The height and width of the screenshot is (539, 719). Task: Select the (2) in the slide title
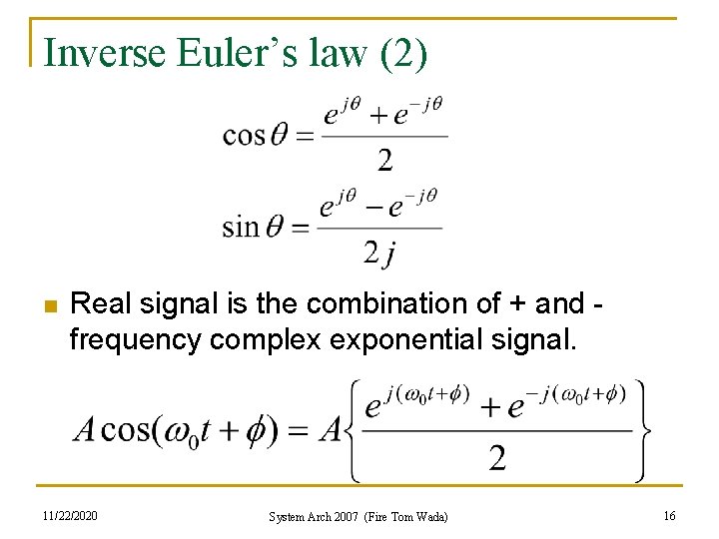tap(403, 52)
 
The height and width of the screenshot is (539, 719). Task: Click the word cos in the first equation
tap(243, 135)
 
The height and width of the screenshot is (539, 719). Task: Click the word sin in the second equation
tap(241, 227)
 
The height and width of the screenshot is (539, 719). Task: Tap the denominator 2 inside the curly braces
tap(496, 458)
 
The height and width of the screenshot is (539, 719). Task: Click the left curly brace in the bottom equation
tap(357, 431)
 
